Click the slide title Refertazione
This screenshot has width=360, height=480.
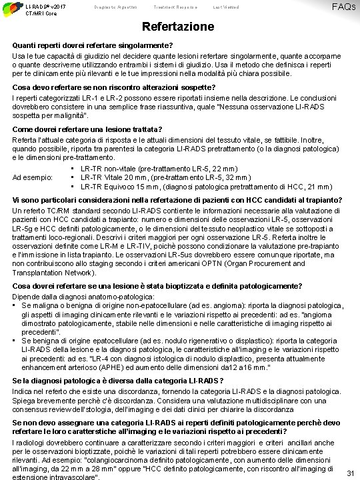[x=180, y=27]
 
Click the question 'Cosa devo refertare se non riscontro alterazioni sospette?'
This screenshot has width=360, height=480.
[x=113, y=87]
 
